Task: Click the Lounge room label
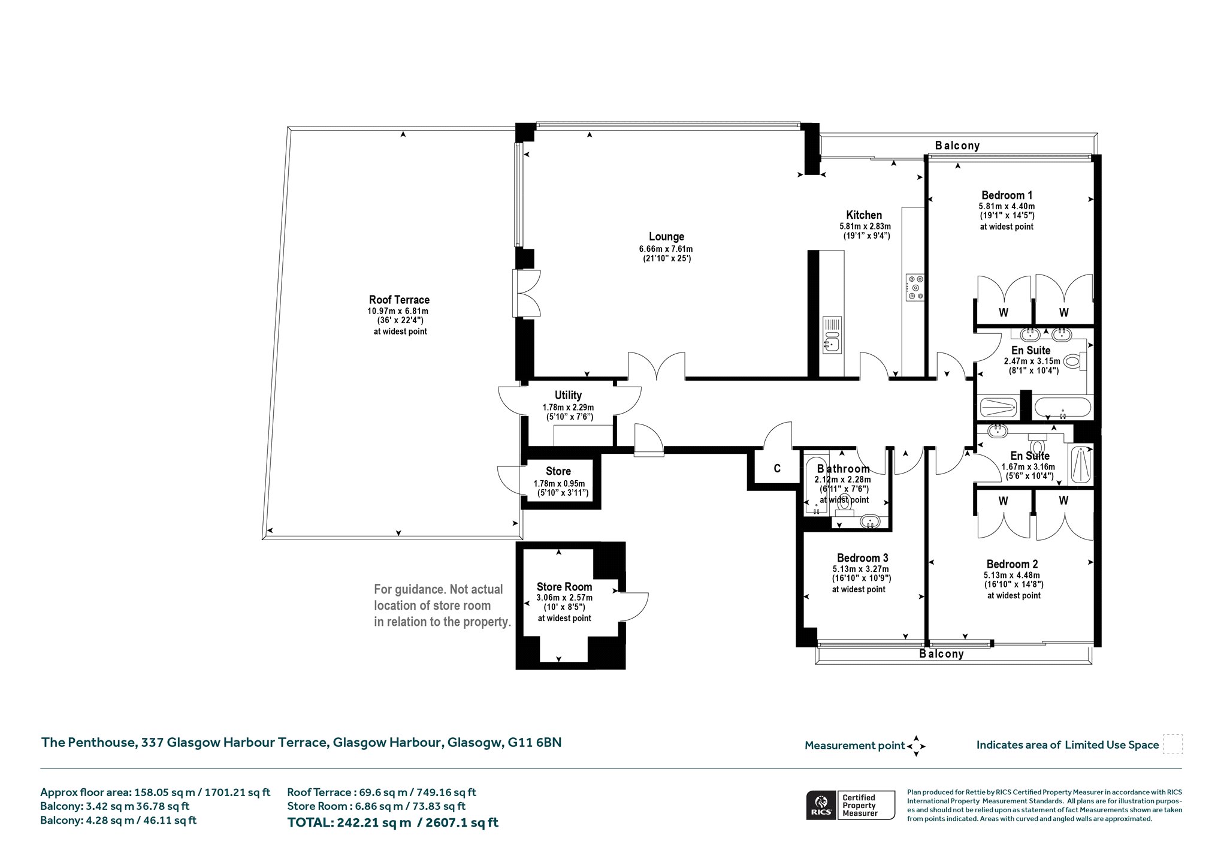pos(666,237)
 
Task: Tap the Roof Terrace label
pos(399,300)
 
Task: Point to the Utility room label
pos(568,396)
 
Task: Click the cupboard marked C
pos(777,469)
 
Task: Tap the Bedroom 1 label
pos(1007,195)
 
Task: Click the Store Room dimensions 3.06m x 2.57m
pos(564,598)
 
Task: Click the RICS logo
pos(821,804)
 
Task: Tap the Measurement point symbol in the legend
pos(916,746)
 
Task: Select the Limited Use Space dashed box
pos(1172,744)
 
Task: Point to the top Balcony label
pos(957,146)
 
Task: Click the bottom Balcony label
pos(941,654)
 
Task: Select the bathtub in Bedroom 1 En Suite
pos(1063,408)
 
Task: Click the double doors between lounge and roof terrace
pos(527,293)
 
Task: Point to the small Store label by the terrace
pos(558,471)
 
